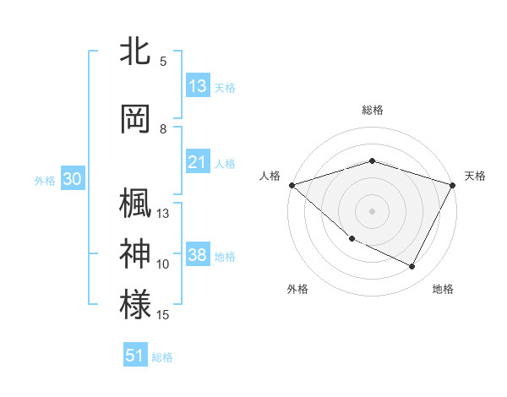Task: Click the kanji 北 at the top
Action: click(x=136, y=52)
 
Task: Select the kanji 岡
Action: click(x=136, y=118)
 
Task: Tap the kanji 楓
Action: click(x=136, y=204)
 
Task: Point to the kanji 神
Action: click(x=136, y=253)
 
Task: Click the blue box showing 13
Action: click(x=198, y=86)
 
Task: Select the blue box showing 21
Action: click(x=198, y=162)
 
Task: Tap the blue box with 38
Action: click(x=198, y=255)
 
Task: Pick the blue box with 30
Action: click(x=72, y=179)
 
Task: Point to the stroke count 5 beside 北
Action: click(x=163, y=62)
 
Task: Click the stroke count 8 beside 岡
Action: click(x=163, y=129)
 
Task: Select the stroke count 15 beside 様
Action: click(x=163, y=315)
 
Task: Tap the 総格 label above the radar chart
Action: click(x=372, y=110)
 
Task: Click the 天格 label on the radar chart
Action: click(x=475, y=176)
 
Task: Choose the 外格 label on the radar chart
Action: click(x=297, y=289)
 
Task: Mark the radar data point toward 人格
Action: click(x=292, y=184)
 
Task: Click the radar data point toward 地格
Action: click(x=412, y=267)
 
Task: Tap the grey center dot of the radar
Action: click(x=372, y=210)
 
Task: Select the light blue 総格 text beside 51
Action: click(x=162, y=357)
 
